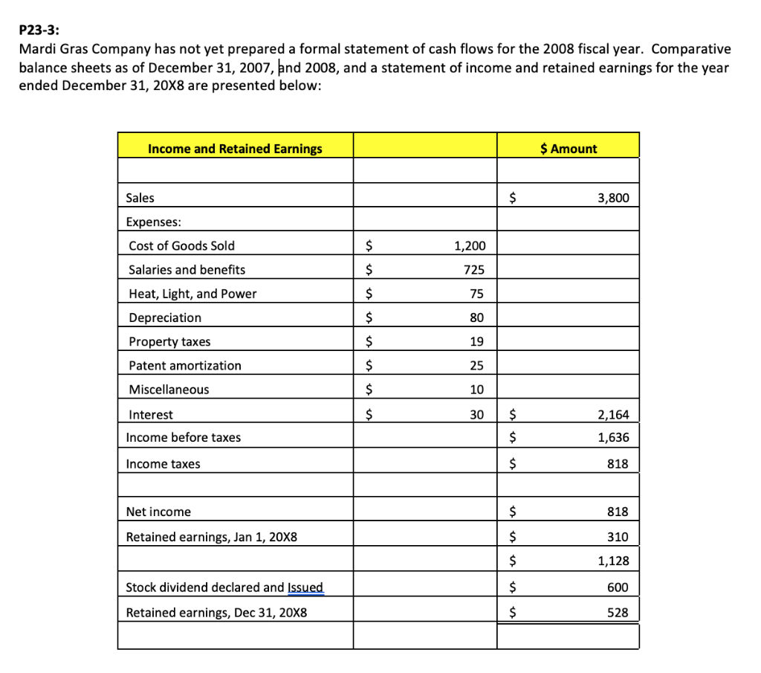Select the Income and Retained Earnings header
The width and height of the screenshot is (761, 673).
[x=235, y=149]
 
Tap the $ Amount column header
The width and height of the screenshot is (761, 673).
[x=569, y=149]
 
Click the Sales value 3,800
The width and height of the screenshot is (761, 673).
[x=613, y=198]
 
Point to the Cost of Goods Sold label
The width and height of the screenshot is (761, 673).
[x=181, y=246]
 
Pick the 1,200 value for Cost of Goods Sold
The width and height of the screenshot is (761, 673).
[x=469, y=246]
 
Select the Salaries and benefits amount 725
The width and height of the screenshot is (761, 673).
[x=473, y=270]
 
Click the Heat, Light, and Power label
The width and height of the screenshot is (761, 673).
[x=192, y=294]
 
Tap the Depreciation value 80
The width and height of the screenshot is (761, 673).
[x=476, y=318]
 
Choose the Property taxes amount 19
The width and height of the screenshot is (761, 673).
[x=476, y=342]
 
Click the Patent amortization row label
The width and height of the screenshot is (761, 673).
[x=185, y=366]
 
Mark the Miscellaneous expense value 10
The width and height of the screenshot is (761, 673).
[x=476, y=390]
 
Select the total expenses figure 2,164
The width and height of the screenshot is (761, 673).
[x=613, y=415]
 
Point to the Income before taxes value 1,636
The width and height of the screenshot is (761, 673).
[x=613, y=437]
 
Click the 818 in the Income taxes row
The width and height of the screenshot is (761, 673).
[x=618, y=464]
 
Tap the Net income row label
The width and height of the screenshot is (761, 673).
[x=158, y=512]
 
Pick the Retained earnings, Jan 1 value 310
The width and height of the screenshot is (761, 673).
[x=618, y=537]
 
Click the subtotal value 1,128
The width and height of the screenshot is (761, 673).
[x=613, y=561]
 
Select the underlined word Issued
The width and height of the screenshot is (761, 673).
[x=305, y=587]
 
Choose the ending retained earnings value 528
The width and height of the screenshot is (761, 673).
[x=618, y=613]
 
